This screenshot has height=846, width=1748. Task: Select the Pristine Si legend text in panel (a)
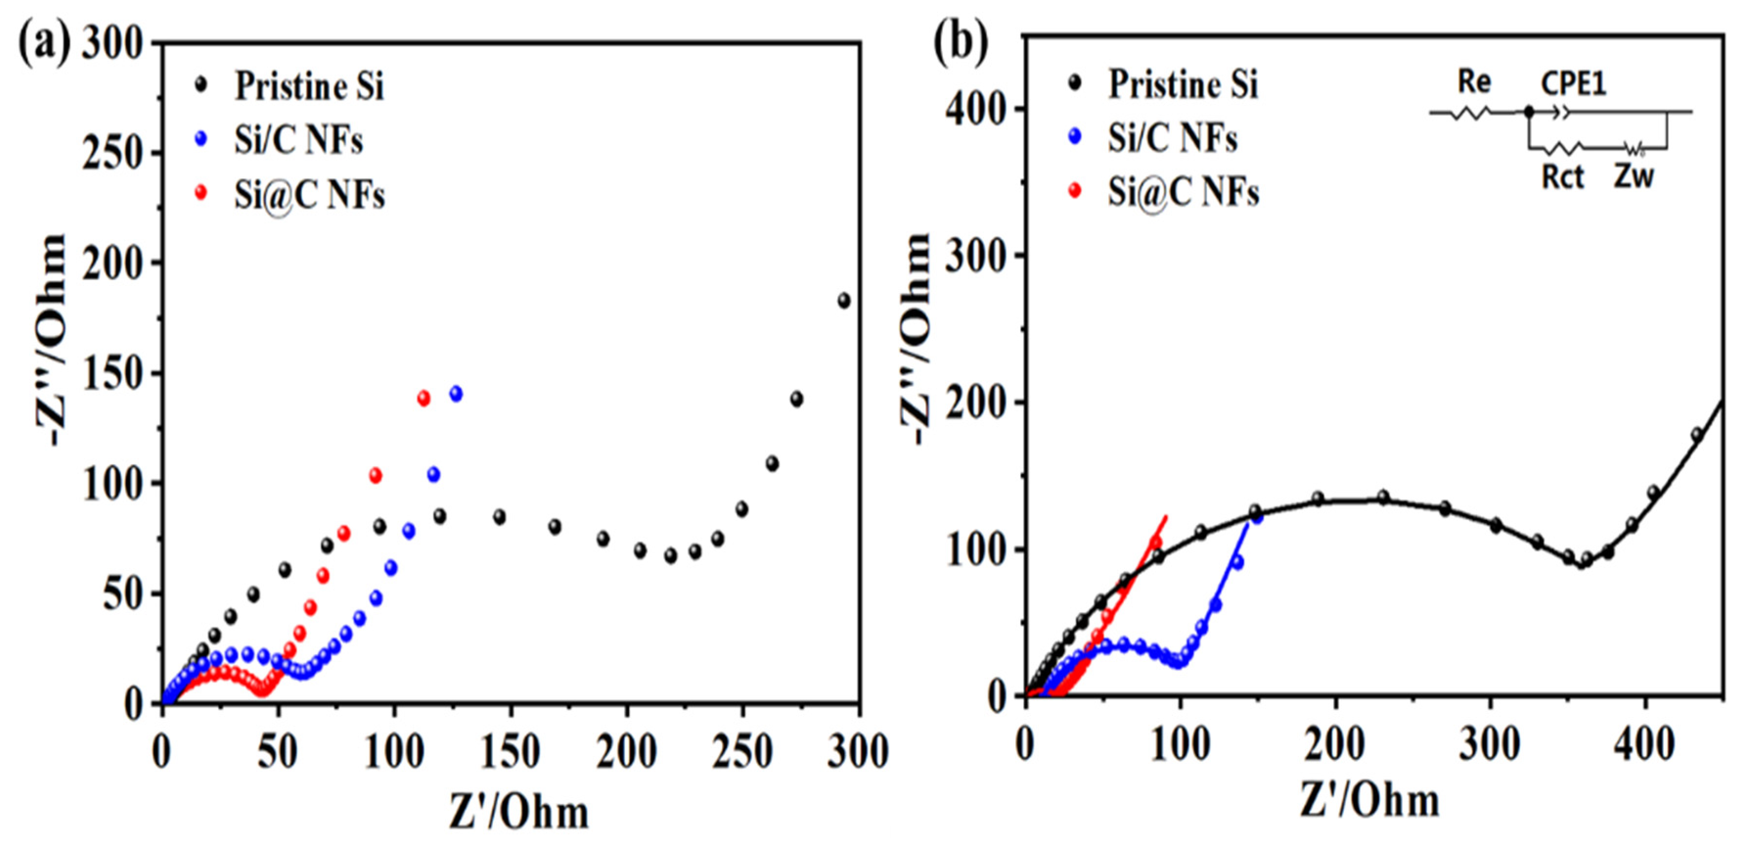309,86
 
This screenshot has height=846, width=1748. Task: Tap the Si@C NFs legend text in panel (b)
1183,192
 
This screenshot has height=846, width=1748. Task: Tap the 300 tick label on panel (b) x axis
1490,744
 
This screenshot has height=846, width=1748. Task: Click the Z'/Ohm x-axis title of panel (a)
519,812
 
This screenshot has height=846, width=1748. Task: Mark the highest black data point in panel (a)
844,301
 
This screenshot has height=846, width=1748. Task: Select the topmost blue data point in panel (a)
456,394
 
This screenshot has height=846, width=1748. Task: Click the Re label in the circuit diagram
1474,82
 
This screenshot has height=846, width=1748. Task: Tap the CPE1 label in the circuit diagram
1573,84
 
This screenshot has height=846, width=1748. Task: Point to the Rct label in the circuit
1562,177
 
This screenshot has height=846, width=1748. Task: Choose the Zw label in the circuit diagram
1634,177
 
